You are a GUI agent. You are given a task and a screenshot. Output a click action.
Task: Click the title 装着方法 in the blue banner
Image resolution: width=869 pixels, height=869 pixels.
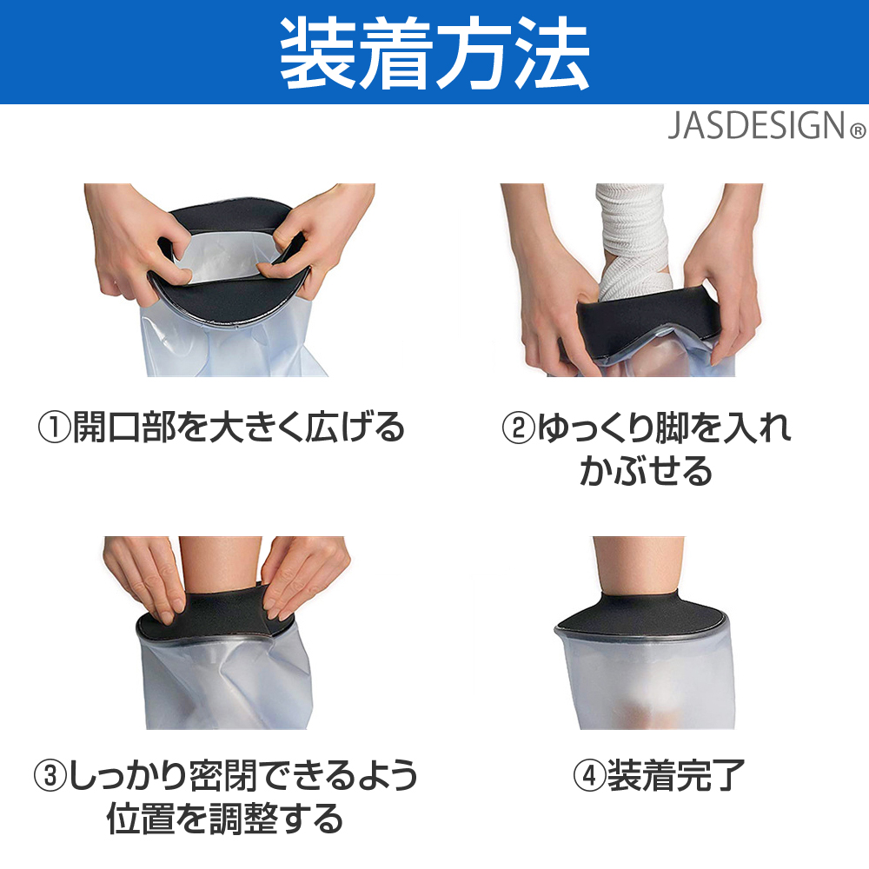click(x=434, y=53)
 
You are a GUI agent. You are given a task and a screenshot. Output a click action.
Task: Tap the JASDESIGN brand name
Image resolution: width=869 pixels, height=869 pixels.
click(x=757, y=126)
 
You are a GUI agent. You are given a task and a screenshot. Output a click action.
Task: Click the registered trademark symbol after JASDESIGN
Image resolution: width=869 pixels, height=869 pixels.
click(x=858, y=131)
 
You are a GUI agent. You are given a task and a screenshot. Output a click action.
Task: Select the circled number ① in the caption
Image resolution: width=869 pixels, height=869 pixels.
click(x=54, y=428)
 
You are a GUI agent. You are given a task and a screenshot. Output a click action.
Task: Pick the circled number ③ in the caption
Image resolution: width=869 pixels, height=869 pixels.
click(x=50, y=775)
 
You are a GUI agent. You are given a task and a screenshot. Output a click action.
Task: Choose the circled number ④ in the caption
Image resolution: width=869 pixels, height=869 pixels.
click(x=589, y=775)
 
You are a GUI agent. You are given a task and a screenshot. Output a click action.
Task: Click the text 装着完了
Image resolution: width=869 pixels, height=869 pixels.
click(x=676, y=775)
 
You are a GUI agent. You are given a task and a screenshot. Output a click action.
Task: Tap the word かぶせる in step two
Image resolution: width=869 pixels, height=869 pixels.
click(x=646, y=471)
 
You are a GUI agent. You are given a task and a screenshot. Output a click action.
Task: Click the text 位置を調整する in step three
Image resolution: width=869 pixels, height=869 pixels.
click(x=225, y=819)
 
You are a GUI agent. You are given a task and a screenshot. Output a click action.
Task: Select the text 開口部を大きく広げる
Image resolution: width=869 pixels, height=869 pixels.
click(x=239, y=428)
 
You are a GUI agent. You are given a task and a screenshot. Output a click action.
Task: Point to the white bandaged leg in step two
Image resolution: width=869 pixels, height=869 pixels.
click(x=633, y=241)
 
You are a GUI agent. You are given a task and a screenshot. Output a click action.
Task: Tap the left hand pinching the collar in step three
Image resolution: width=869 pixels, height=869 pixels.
click(x=145, y=576)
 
